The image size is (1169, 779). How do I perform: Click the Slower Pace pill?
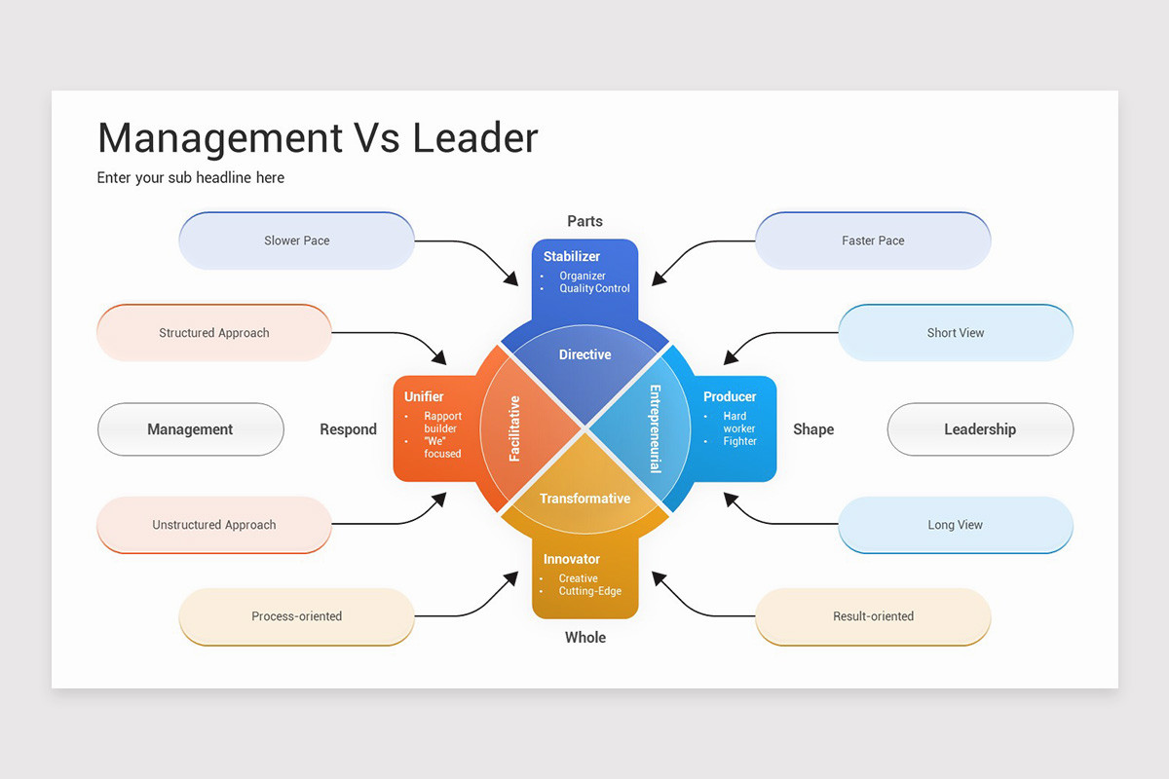[296, 241]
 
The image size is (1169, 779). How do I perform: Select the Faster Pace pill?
[873, 241]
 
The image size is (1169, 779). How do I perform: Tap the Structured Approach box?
[214, 333]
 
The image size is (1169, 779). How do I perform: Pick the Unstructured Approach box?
[214, 525]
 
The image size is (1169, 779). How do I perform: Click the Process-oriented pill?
[296, 616]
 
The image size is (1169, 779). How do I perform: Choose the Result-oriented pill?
[873, 616]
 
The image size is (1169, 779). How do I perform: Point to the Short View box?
[955, 333]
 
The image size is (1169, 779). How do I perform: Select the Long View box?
[955, 525]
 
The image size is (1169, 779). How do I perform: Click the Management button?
[190, 429]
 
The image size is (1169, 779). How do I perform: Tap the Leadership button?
[980, 429]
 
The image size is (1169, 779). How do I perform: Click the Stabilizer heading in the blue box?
[572, 257]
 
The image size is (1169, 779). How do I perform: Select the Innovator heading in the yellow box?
[572, 559]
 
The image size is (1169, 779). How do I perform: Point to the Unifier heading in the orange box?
[424, 396]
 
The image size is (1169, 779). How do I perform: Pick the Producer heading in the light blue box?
[730, 396]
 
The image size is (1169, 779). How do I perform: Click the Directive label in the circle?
[584, 354]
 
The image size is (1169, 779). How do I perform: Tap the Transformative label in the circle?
[584, 499]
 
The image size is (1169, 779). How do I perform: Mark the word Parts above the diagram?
[584, 221]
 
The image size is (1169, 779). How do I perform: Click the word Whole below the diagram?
[584, 638]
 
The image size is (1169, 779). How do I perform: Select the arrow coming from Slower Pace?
[468, 251]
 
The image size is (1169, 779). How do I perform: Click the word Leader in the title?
[474, 138]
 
